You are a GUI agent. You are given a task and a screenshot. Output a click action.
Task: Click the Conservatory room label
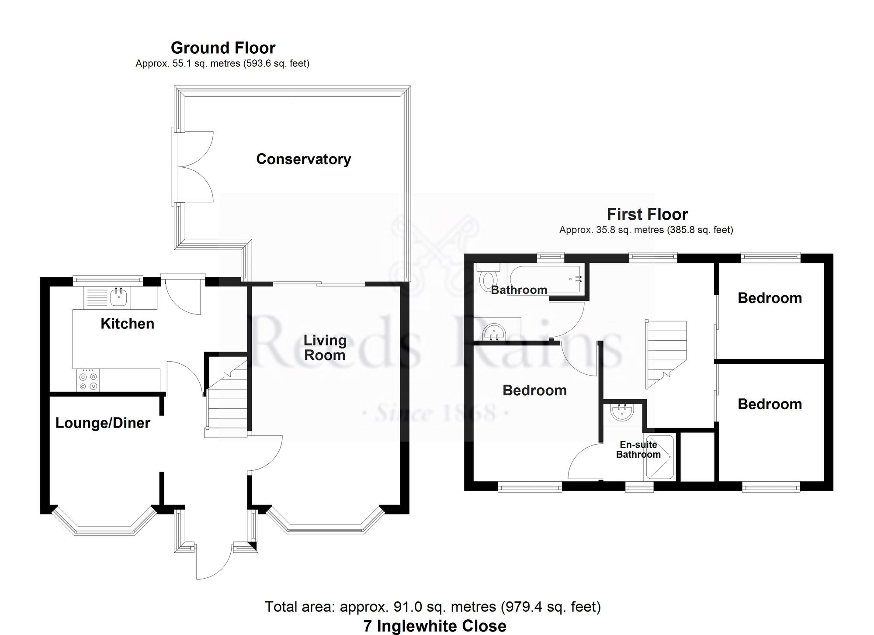[x=303, y=159]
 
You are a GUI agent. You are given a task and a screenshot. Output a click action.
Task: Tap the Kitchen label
[x=127, y=324]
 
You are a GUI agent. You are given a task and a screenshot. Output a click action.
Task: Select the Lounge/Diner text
[x=103, y=423]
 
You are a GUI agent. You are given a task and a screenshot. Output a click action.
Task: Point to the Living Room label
[x=325, y=348]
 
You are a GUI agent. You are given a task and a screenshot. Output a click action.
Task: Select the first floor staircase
[x=666, y=354]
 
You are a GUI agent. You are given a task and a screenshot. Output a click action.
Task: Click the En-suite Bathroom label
[x=638, y=449]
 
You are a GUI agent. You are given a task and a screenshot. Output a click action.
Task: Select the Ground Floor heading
[x=223, y=48]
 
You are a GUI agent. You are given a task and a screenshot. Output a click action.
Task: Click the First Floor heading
[x=647, y=214]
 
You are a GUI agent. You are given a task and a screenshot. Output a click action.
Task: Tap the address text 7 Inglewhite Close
[x=435, y=626]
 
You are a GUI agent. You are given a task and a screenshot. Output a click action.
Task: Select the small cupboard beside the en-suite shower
[x=697, y=457]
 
